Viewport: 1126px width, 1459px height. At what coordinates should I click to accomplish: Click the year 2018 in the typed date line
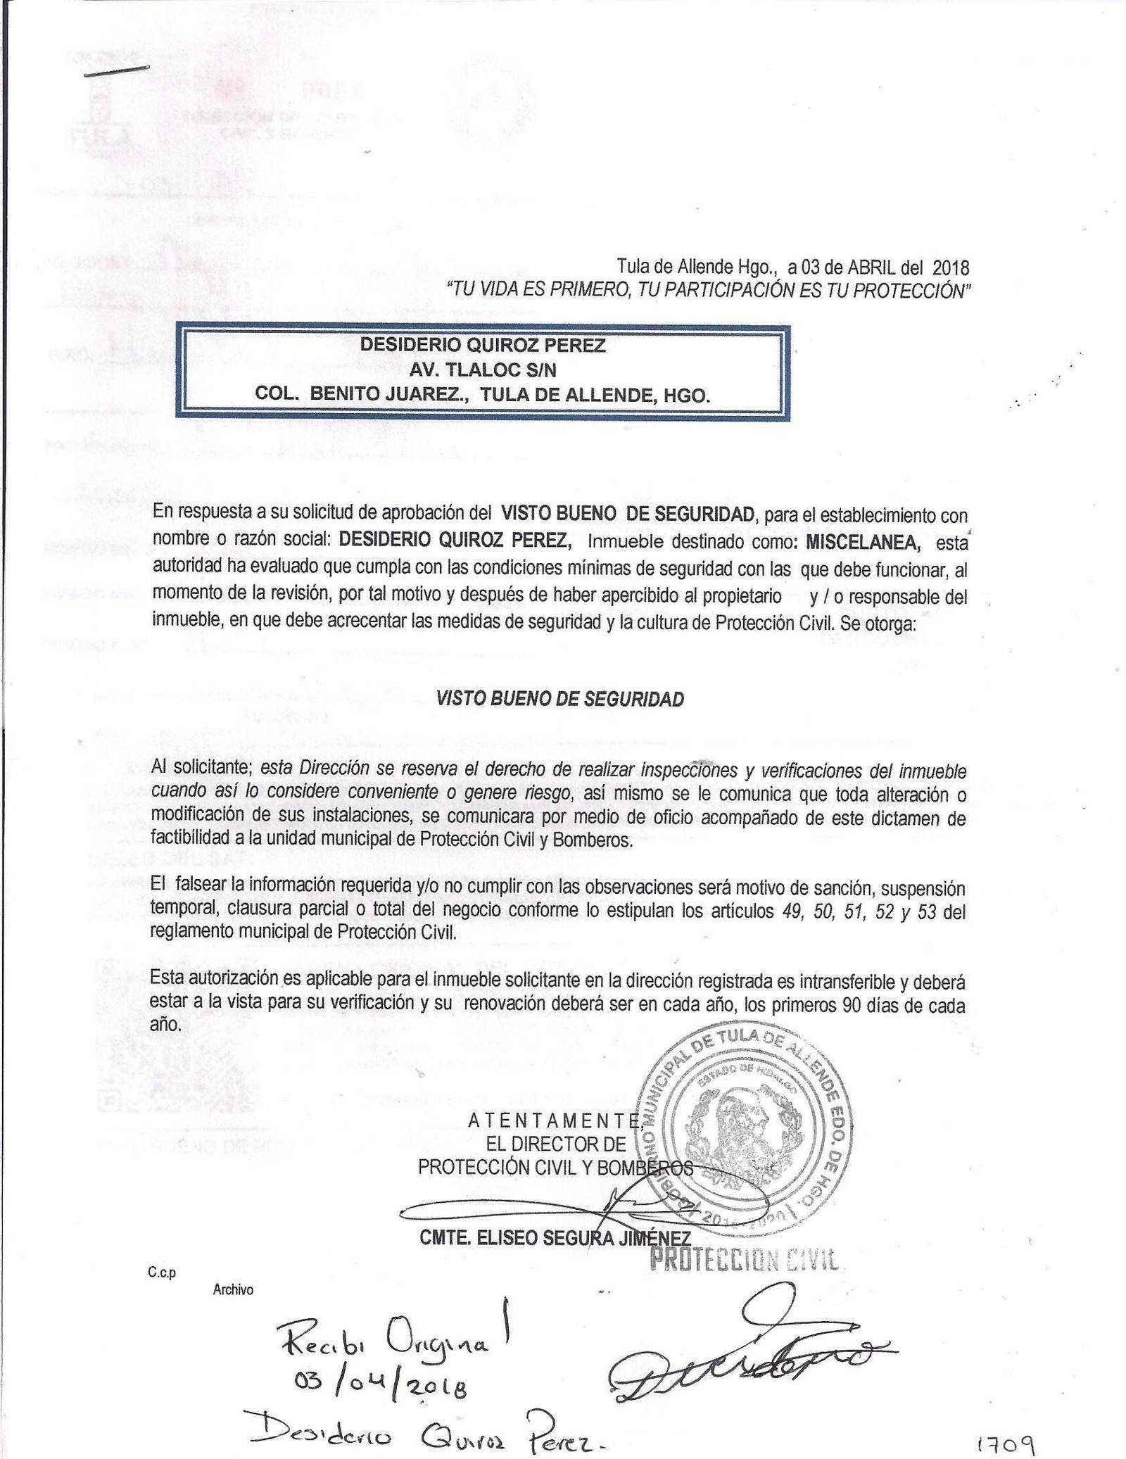(951, 268)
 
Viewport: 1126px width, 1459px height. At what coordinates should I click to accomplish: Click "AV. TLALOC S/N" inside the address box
(483, 370)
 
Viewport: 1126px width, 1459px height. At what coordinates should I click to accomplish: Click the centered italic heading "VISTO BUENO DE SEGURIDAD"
(560, 699)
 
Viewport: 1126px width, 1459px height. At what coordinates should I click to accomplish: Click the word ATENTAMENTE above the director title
(555, 1121)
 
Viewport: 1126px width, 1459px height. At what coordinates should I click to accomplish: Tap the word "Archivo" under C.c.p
(232, 1291)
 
